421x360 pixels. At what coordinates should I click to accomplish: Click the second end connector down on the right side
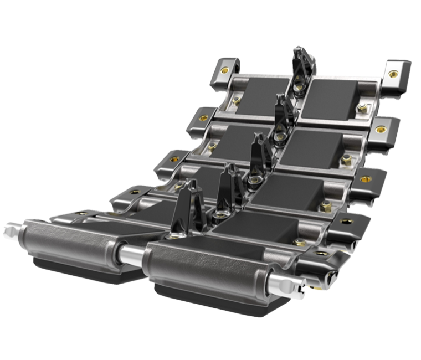point(382,130)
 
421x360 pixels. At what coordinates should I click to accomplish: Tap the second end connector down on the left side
point(202,117)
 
